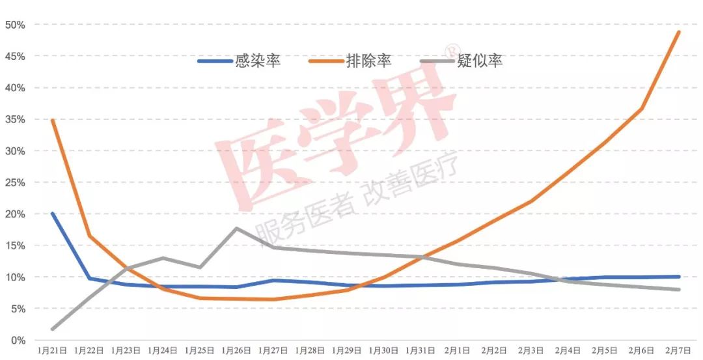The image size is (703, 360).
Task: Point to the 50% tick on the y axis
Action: pos(15,25)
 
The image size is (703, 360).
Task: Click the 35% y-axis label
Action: pos(15,120)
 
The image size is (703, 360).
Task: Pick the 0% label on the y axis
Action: pos(18,340)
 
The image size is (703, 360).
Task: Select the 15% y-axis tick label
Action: pos(15,246)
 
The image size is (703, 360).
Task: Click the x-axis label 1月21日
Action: pos(52,351)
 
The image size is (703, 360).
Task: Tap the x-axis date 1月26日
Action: pos(236,351)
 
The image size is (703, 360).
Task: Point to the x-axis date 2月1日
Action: pos(458,351)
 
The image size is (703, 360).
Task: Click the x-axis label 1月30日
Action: pos(384,351)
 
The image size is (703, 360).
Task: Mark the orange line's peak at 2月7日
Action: pos(679,32)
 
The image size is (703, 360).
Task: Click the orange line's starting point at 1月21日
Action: pos(52,120)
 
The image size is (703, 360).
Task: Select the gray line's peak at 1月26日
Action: pos(236,228)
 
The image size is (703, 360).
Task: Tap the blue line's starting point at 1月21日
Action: pos(52,214)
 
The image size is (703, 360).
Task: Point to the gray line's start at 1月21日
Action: pos(52,329)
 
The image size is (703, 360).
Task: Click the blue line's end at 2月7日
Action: pos(679,277)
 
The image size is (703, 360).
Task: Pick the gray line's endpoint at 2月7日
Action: pos(679,290)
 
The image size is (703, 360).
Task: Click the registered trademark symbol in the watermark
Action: pos(448,50)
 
